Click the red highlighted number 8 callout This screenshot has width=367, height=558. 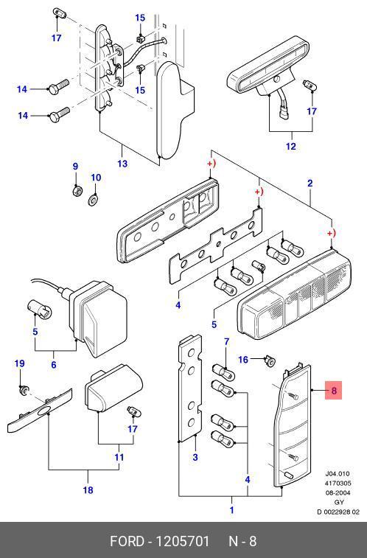(334, 391)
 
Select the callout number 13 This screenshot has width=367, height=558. (122, 164)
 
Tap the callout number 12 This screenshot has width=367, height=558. (291, 146)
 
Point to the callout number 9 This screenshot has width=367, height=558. (75, 166)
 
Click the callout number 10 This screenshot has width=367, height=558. (96, 178)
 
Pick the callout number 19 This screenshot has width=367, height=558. (20, 363)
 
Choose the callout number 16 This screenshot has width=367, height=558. (243, 360)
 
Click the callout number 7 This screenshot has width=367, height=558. (227, 342)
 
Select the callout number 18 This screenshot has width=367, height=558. (88, 490)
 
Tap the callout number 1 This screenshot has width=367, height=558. (231, 510)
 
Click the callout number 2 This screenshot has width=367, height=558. (310, 184)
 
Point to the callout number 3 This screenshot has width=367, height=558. (195, 457)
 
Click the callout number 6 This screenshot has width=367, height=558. (53, 365)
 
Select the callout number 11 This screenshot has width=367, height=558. (119, 457)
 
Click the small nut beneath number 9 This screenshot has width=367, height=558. (76, 192)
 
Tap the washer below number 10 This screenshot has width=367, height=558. (93, 200)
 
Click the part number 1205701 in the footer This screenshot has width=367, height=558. (183, 541)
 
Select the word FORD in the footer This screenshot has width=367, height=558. (127, 541)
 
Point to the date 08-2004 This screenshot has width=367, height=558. (338, 493)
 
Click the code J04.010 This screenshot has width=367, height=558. (338, 474)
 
